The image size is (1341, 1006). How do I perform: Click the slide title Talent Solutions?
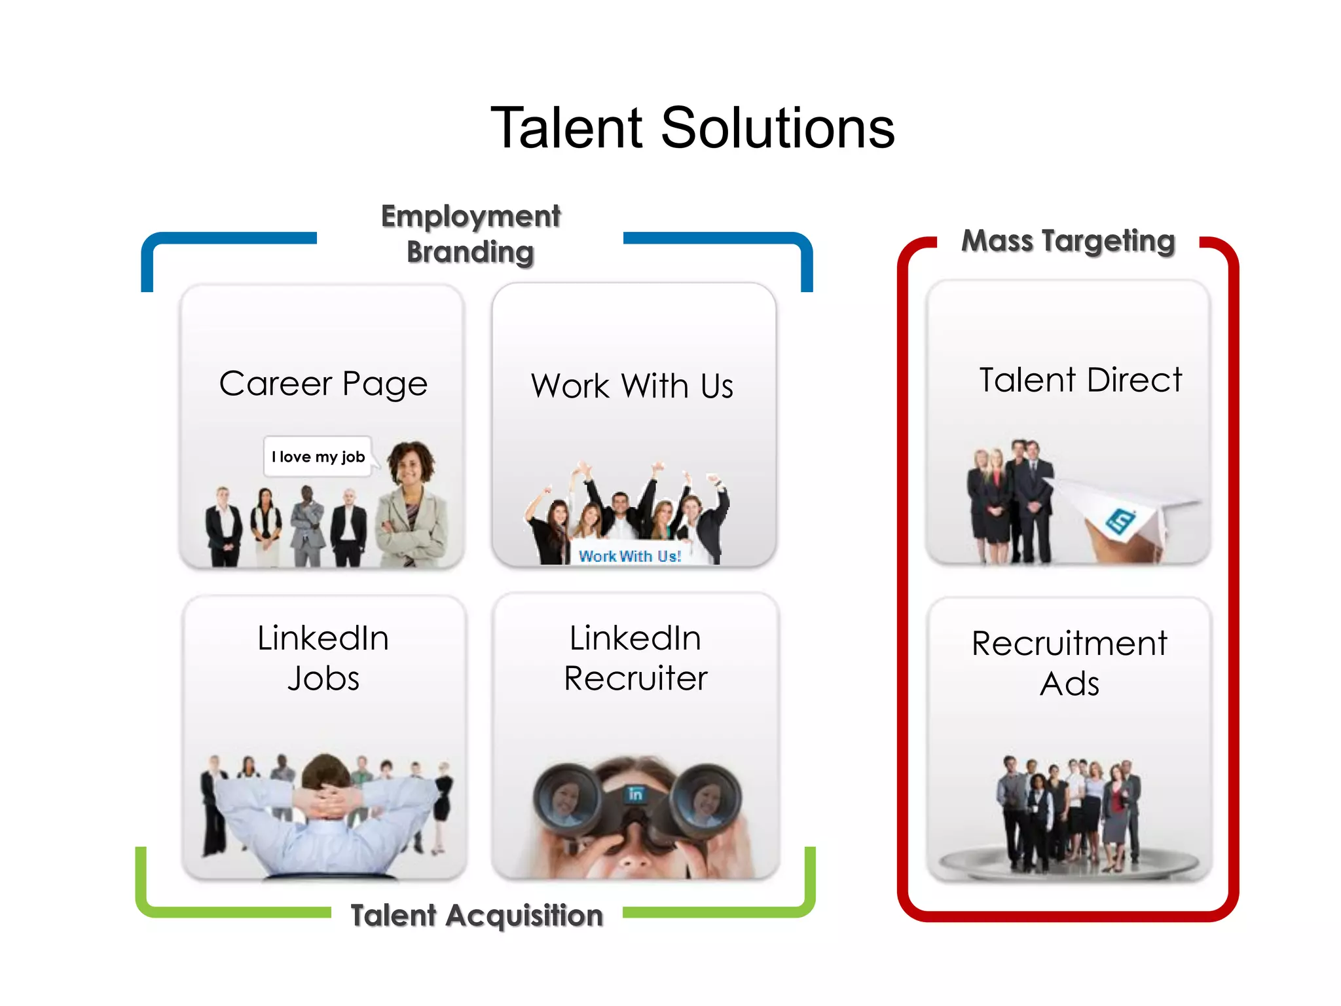coord(692,128)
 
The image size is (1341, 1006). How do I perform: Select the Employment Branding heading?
coord(470,234)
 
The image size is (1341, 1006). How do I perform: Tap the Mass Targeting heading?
coord(1068,240)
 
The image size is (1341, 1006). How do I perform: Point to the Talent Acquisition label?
coord(477,915)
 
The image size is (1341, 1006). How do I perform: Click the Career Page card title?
coord(323,383)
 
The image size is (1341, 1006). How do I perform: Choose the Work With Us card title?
coord(632,385)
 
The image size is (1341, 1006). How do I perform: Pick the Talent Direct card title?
coord(1080,380)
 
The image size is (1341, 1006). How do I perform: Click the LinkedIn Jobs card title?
coord(323,658)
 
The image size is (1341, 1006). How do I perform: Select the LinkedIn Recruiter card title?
coord(635,658)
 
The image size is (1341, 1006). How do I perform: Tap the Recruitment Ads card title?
coord(1069,663)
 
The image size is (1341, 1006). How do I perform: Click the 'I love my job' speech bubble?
coord(318,456)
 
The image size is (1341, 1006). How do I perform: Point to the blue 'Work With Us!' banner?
coord(629,556)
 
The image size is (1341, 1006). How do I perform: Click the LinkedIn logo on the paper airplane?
coord(1120,521)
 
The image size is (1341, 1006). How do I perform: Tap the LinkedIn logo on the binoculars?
coord(635,794)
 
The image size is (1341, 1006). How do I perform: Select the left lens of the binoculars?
coord(566,798)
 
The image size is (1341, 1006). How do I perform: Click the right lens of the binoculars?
coord(707,798)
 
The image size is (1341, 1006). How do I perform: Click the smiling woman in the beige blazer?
coord(411,504)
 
